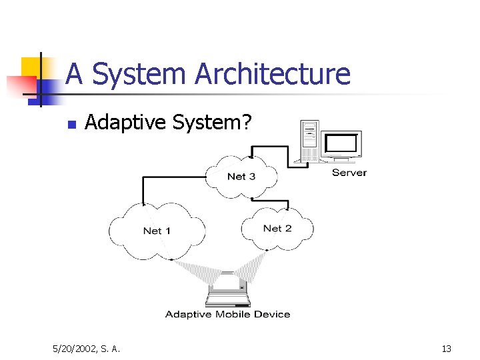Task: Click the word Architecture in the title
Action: tap(272, 74)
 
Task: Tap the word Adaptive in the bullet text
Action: tap(126, 122)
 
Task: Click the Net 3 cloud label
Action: tap(241, 177)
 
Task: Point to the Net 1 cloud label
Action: tap(157, 231)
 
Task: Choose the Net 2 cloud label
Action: tap(277, 228)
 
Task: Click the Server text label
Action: tap(349, 173)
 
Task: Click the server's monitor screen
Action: tap(341, 143)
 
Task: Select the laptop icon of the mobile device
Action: tap(227, 291)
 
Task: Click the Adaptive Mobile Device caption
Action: tap(227, 314)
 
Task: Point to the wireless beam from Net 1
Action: tap(196, 269)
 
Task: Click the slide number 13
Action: tap(446, 348)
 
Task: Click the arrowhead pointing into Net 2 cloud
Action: tap(286, 209)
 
